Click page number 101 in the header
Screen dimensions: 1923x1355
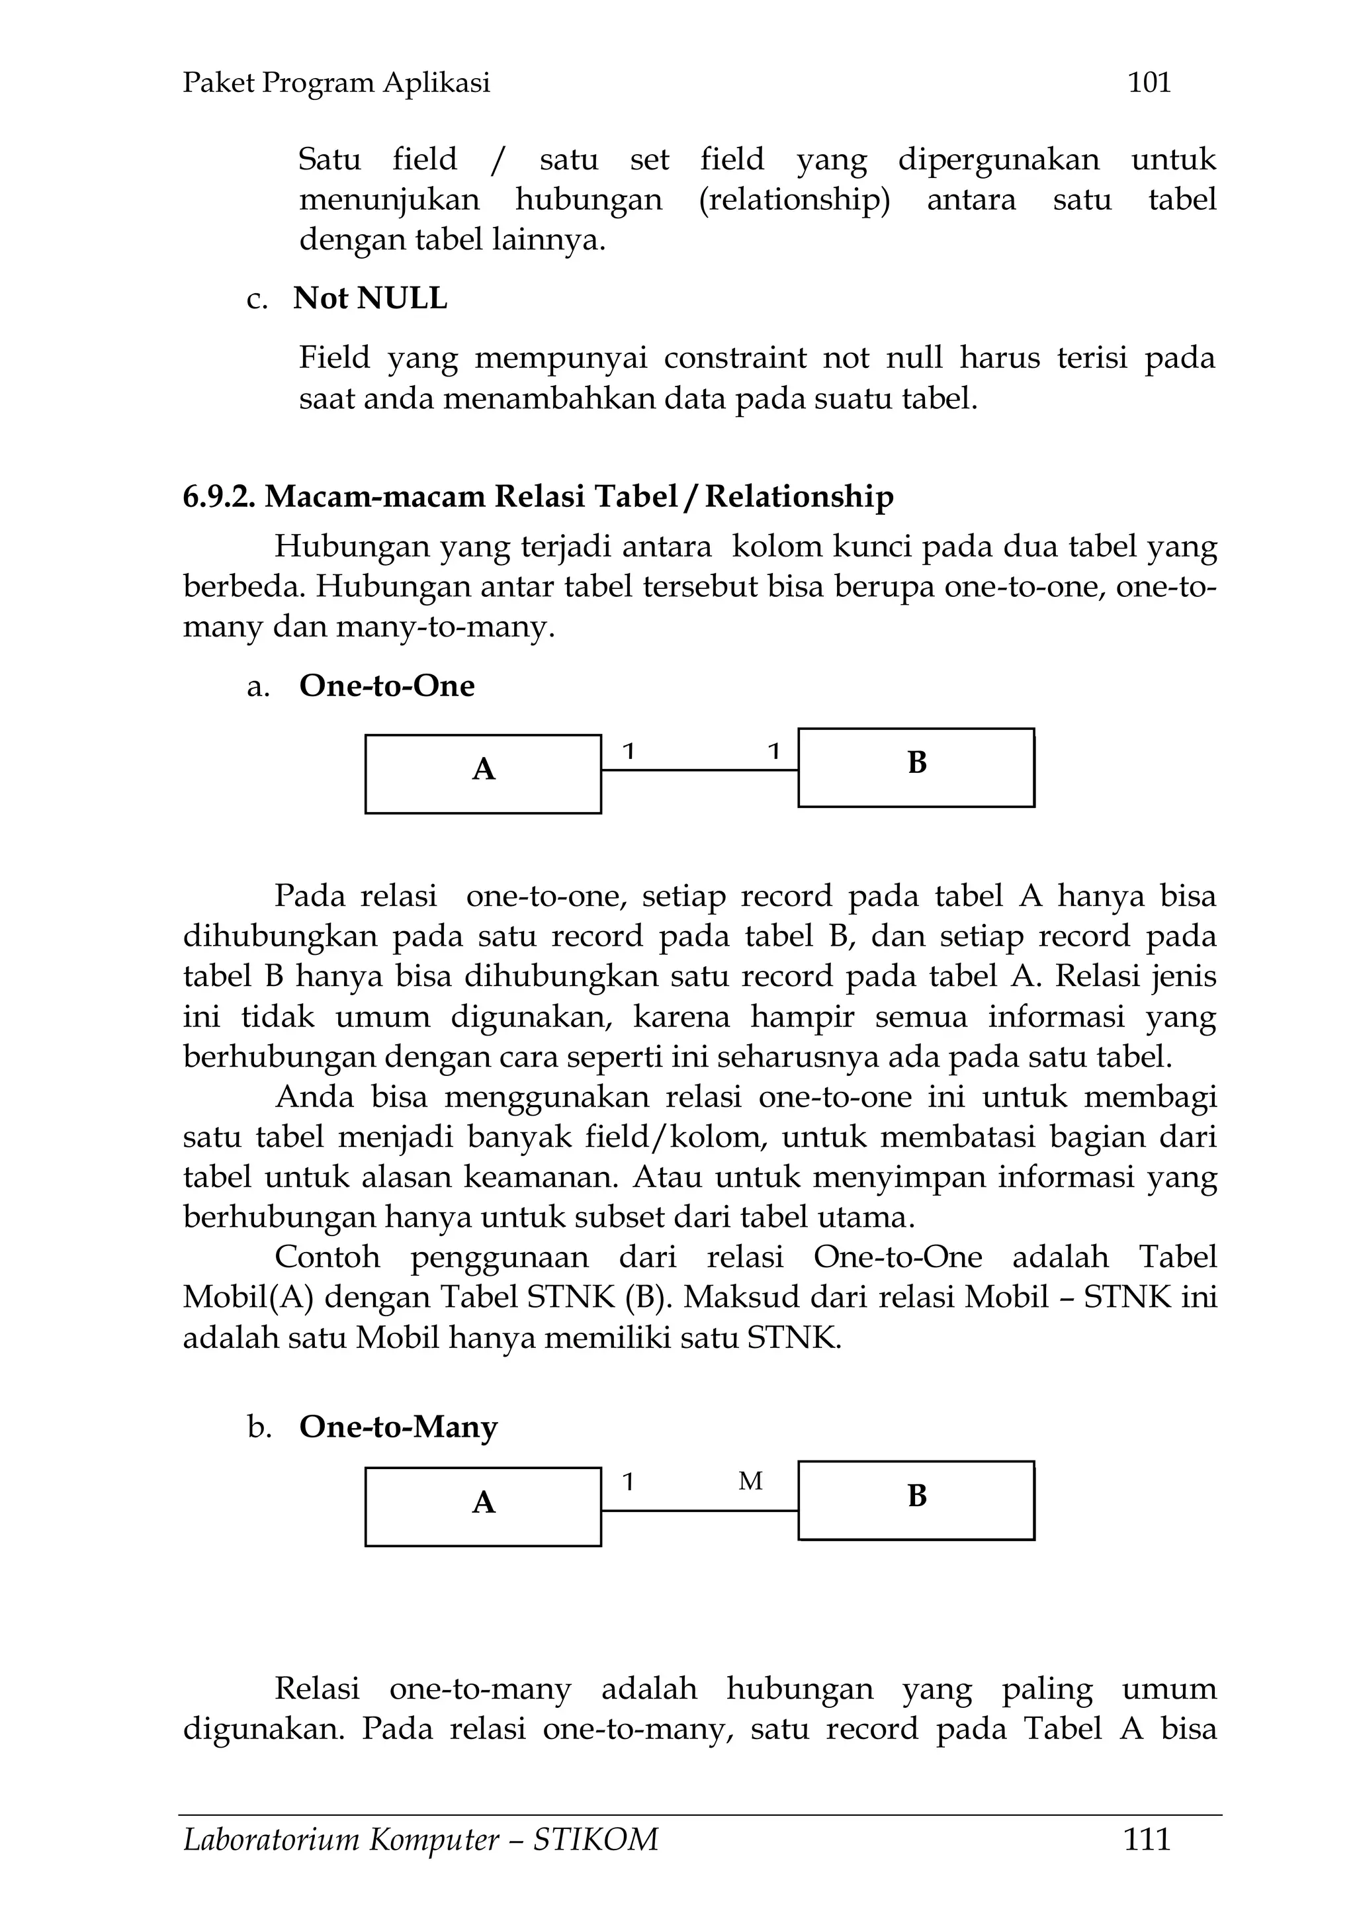point(1149,82)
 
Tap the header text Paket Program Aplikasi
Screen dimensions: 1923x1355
point(336,83)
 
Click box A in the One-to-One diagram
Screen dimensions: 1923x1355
point(483,774)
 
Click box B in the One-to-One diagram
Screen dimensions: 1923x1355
point(916,767)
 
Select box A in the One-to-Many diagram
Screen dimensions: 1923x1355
point(483,1507)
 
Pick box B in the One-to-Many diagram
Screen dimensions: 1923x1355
point(916,1500)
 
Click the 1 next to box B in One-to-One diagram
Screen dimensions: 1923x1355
point(774,751)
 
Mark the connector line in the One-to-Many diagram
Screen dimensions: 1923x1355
point(699,1511)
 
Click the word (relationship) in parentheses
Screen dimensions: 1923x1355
point(794,200)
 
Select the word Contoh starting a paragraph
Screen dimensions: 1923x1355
point(328,1257)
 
